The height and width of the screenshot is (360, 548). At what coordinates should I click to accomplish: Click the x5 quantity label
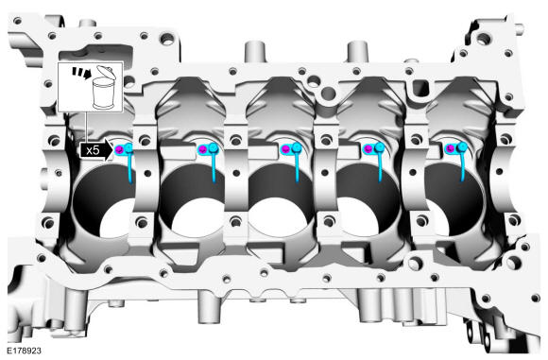(x=93, y=150)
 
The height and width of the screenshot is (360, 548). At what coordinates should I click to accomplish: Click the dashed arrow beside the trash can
(x=81, y=73)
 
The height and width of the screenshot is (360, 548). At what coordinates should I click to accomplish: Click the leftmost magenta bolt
(x=120, y=150)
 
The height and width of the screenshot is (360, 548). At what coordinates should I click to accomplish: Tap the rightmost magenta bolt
(x=451, y=149)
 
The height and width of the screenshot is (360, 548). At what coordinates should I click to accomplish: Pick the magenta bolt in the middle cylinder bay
(x=286, y=149)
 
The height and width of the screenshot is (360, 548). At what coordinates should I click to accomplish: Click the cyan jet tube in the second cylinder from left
(x=214, y=168)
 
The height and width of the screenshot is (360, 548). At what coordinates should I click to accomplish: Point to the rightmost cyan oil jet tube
(x=463, y=167)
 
